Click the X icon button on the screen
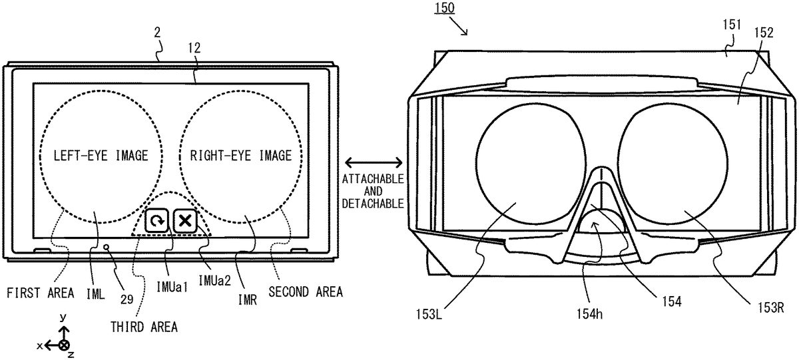pos(185,221)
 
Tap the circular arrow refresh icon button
pos(156,221)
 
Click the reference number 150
pos(445,8)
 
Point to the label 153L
pos(429,314)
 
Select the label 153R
pos(771,307)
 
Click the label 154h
pos(590,314)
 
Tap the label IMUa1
pos(172,287)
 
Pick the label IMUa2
pos(214,281)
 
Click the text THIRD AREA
pos(144,327)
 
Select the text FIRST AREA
pos(41,293)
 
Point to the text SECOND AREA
pos(306,292)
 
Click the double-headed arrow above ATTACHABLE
pos(374,163)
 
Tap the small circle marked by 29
pos(106,247)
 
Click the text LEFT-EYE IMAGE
pos(101,156)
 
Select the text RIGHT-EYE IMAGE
pos(241,156)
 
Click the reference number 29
pos(127,299)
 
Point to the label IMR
pos(248,300)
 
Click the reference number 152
pos(764,33)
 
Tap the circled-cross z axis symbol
pos(64,345)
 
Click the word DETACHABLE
pos(373,204)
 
